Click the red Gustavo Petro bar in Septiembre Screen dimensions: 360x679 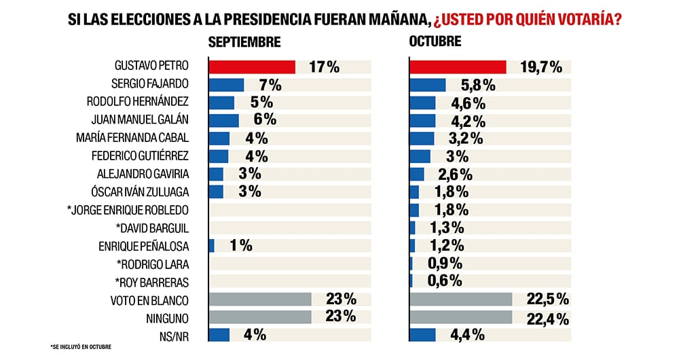click(x=251, y=67)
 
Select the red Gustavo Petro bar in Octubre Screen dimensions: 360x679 click(x=458, y=67)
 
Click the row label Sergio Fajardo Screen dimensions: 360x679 click(x=149, y=85)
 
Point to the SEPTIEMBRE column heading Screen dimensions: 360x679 click(x=244, y=42)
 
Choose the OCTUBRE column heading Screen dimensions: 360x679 click(x=435, y=41)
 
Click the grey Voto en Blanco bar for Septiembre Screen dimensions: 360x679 click(x=259, y=299)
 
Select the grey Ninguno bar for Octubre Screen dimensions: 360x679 click(x=460, y=317)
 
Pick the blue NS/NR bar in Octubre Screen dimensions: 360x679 click(x=422, y=334)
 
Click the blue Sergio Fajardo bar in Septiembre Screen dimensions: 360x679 click(x=225, y=85)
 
